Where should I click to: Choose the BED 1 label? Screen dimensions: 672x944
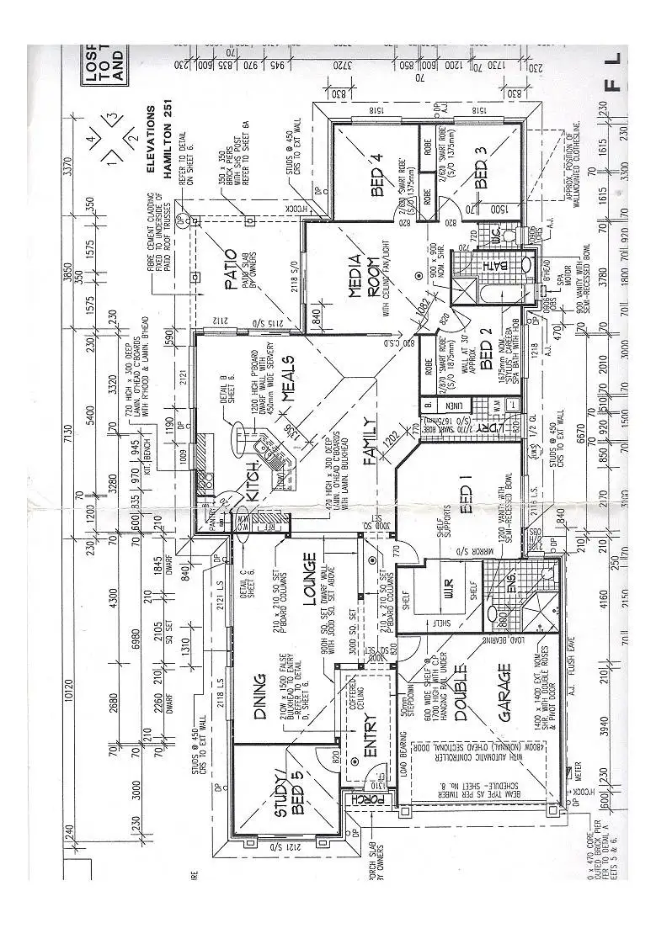[469, 496]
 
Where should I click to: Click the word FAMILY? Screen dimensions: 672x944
[369, 442]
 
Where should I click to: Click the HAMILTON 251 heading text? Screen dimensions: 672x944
[168, 151]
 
